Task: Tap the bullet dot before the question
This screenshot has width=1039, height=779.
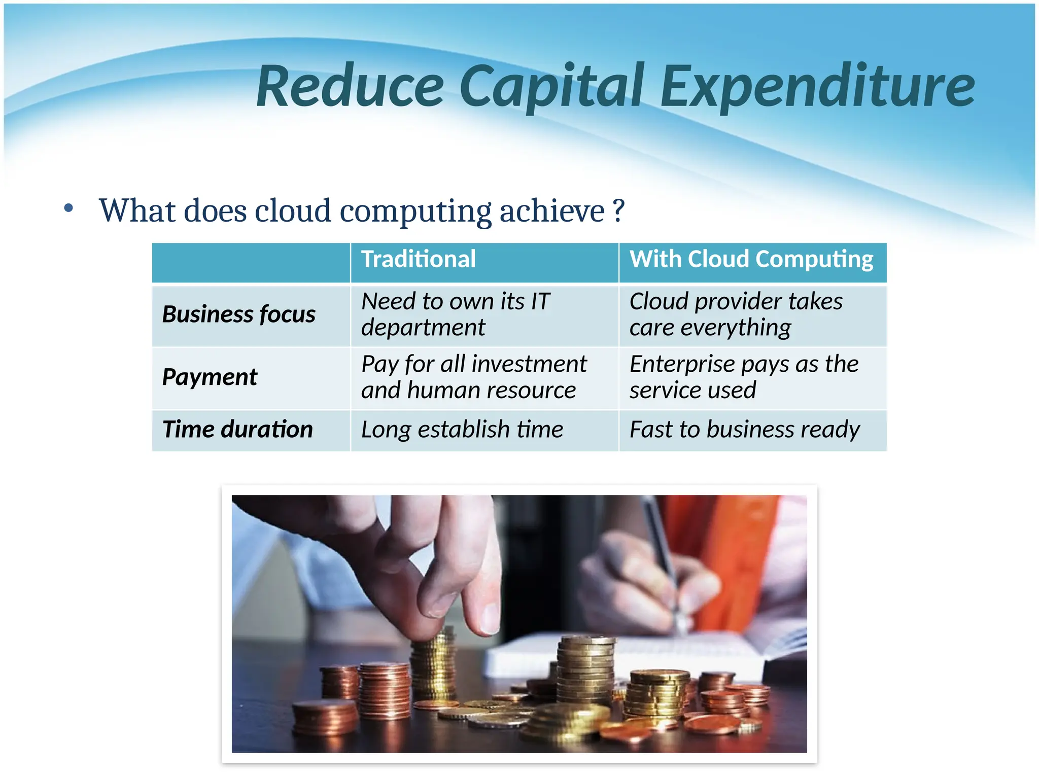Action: click(x=68, y=208)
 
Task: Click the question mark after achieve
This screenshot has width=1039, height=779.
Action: click(x=618, y=210)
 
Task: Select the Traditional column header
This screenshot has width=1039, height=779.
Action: click(x=418, y=259)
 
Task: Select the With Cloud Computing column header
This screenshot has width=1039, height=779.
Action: click(x=751, y=259)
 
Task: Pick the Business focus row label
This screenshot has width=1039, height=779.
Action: click(x=238, y=314)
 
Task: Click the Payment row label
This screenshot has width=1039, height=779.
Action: click(x=210, y=377)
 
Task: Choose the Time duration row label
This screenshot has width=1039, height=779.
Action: click(x=237, y=430)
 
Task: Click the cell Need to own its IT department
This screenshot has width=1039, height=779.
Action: click(x=456, y=314)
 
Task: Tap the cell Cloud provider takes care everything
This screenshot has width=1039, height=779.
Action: click(x=736, y=314)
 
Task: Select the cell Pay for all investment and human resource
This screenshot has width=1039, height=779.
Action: click(x=473, y=377)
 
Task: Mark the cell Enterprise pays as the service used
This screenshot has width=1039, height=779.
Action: click(x=744, y=377)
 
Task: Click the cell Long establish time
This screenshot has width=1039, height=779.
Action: click(x=462, y=430)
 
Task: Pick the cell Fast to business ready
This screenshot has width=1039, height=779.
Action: click(x=744, y=430)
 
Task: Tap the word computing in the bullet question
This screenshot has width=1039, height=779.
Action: click(x=415, y=211)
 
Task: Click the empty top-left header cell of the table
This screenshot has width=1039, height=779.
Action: click(x=251, y=262)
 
